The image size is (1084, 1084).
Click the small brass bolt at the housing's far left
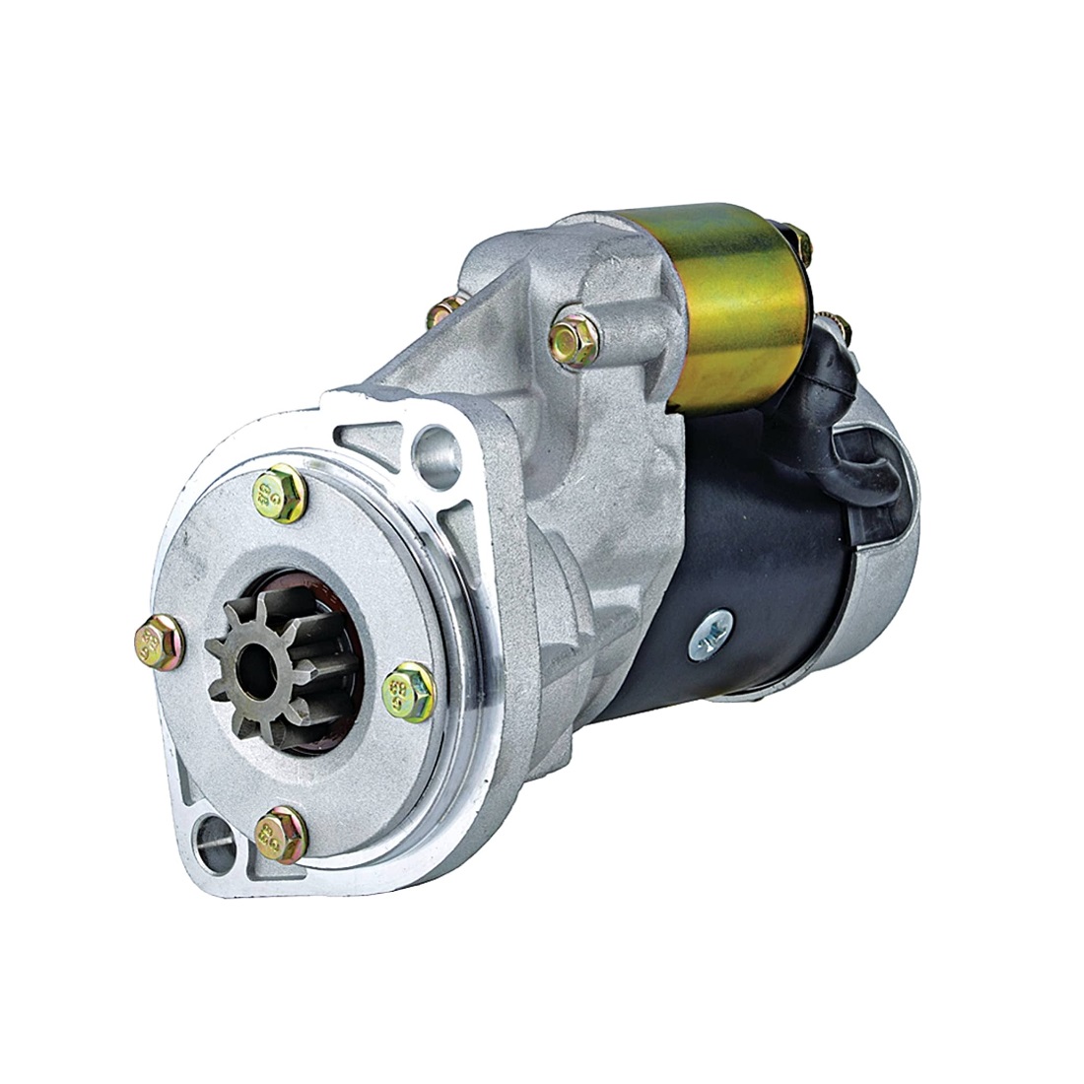pos(441,313)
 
